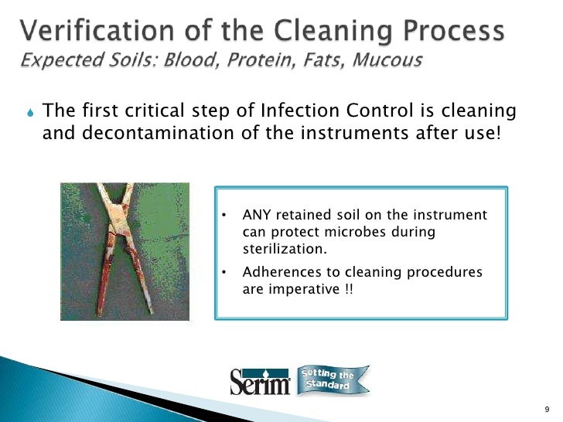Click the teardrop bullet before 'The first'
(29, 114)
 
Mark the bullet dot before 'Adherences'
(224, 273)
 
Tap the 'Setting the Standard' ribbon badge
(333, 379)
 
